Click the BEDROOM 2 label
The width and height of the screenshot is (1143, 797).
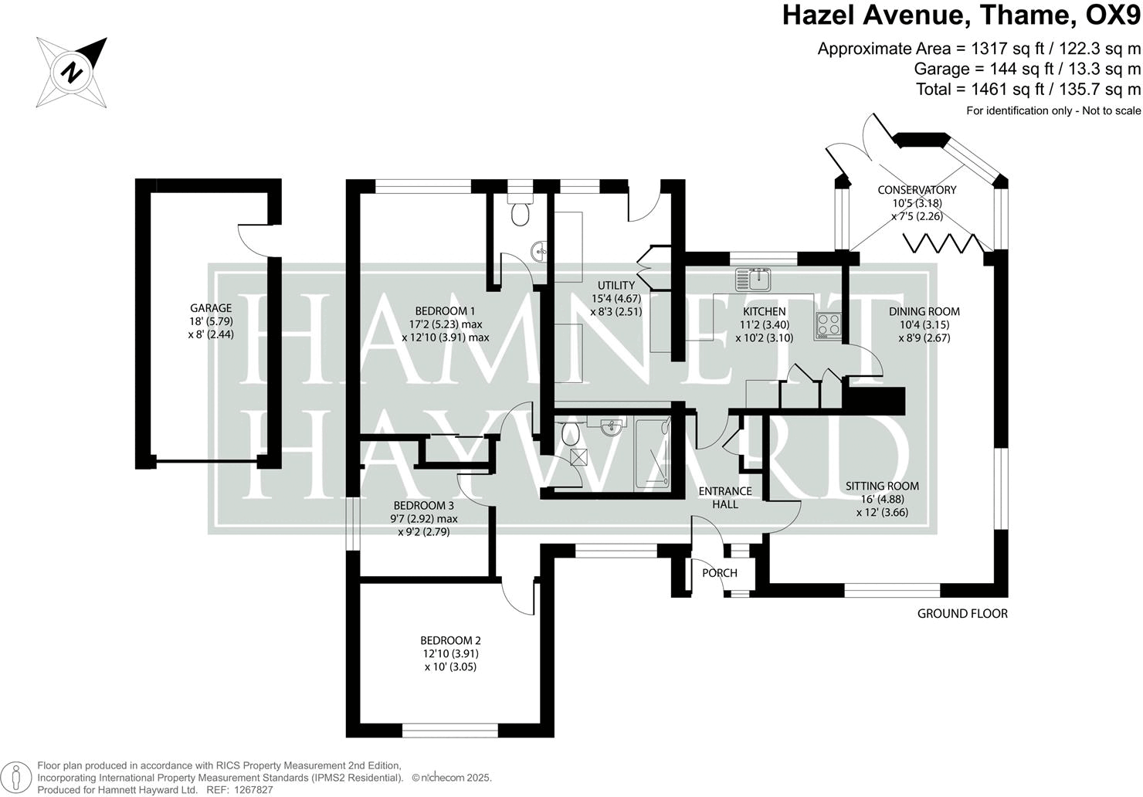(450, 640)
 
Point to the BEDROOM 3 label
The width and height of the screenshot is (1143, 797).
(424, 506)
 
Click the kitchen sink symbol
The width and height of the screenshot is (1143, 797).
(753, 278)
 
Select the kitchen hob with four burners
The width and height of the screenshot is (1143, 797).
(828, 325)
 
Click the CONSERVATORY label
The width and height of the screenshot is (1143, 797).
(917, 190)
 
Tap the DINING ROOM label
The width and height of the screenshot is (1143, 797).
(924, 312)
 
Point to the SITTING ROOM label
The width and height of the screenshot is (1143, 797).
(882, 486)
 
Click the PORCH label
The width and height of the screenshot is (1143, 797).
(720, 573)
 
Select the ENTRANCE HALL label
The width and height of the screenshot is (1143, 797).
(724, 497)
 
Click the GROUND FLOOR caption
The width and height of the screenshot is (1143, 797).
(962, 614)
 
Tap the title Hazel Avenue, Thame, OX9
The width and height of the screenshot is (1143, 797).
(961, 15)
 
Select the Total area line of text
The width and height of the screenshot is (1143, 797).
(1027, 90)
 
